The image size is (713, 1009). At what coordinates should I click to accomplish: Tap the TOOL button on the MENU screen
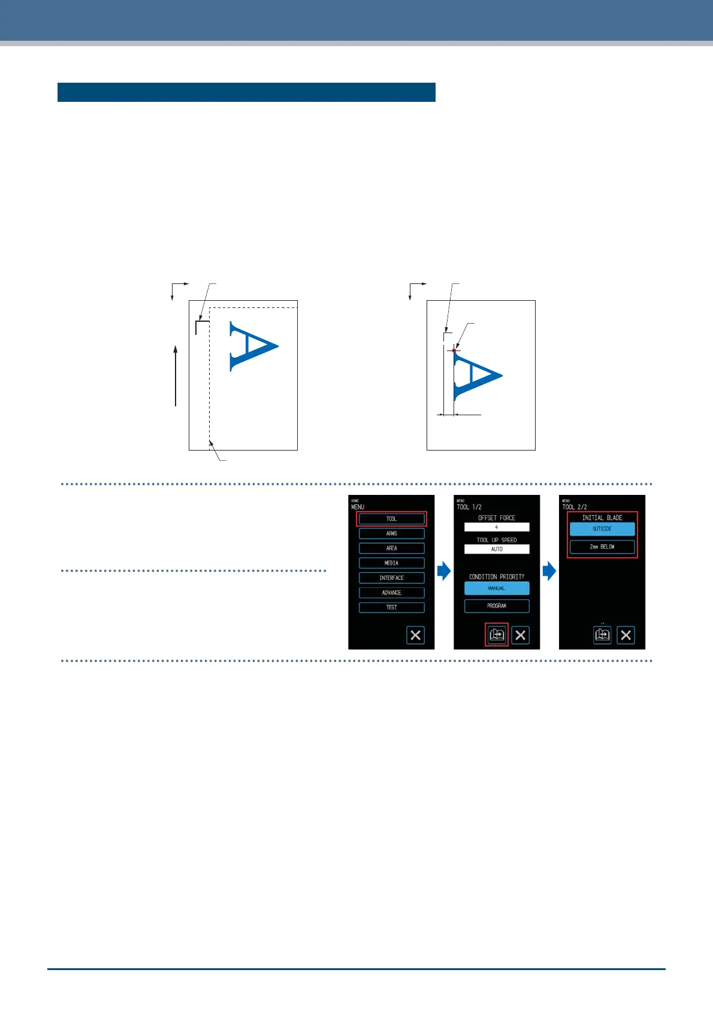click(x=391, y=519)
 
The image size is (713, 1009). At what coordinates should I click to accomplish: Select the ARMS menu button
click(x=391, y=533)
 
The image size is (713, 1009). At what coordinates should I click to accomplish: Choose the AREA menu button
click(x=391, y=548)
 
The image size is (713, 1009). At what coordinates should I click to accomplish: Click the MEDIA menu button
click(x=391, y=563)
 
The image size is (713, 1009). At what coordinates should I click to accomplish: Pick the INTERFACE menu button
click(x=391, y=578)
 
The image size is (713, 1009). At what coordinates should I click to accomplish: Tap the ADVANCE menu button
click(x=391, y=593)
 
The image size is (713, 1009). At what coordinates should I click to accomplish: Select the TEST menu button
click(x=391, y=607)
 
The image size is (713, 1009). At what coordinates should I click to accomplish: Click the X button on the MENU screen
click(x=415, y=635)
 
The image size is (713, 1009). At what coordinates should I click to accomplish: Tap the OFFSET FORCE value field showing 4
click(x=497, y=527)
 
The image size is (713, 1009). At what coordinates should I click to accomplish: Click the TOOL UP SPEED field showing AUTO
click(x=497, y=549)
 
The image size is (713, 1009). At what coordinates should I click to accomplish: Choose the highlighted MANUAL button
click(x=497, y=588)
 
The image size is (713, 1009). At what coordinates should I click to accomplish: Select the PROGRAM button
click(x=497, y=606)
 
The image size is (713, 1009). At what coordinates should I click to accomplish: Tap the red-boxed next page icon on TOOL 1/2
click(x=497, y=635)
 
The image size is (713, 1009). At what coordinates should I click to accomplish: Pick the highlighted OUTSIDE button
click(x=602, y=529)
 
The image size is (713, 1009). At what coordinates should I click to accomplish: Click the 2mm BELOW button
click(x=602, y=546)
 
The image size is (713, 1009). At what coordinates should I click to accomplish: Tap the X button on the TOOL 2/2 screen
click(x=626, y=635)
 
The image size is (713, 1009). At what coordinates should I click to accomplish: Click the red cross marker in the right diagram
click(x=454, y=350)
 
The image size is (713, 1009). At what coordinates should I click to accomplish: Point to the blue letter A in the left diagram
click(x=252, y=346)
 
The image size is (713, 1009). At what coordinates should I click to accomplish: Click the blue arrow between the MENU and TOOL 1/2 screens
click(x=444, y=571)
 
